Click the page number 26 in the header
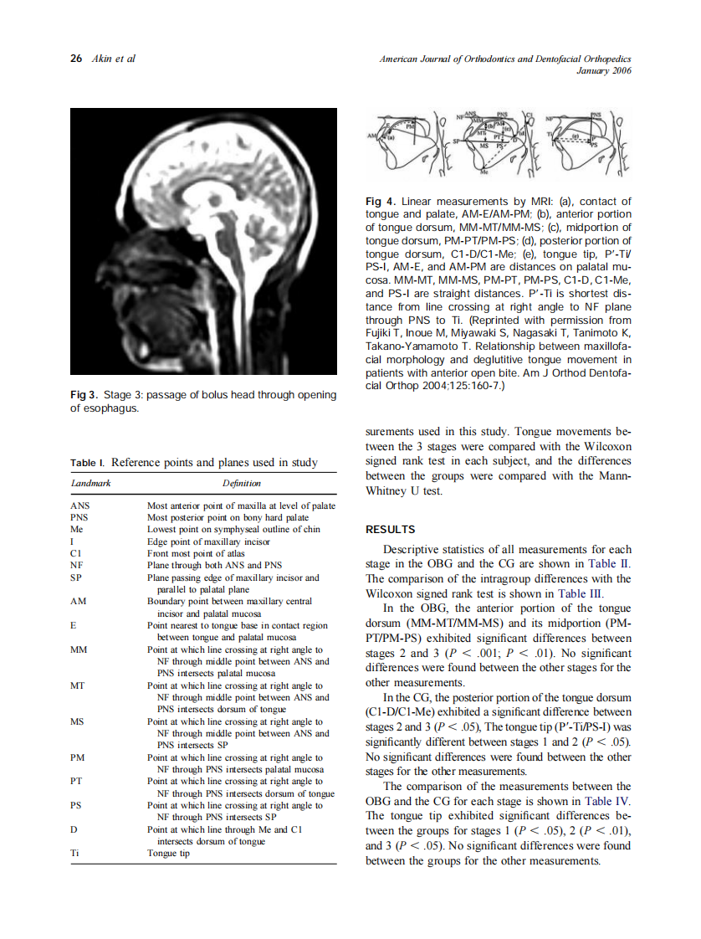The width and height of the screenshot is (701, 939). (76, 59)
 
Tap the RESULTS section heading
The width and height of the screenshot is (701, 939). (391, 530)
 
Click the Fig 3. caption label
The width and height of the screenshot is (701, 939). (84, 395)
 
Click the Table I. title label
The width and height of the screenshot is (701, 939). (88, 463)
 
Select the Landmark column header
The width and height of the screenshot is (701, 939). (90, 483)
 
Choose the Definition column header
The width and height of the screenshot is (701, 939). (241, 483)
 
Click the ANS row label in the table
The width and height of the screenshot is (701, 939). (80, 505)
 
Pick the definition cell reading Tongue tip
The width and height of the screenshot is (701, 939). (168, 854)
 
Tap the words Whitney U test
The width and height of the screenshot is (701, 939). (404, 491)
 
